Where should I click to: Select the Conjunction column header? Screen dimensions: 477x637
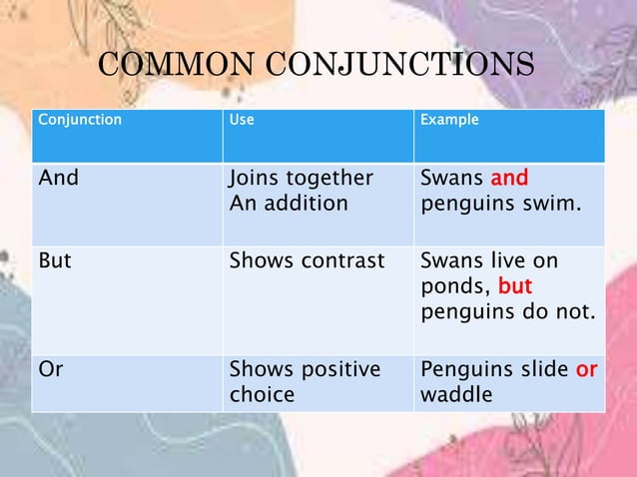click(80, 120)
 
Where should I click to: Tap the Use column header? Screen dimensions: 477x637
click(242, 120)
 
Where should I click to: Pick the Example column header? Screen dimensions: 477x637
click(449, 120)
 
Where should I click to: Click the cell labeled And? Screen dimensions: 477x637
click(58, 179)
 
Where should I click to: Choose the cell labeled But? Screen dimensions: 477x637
click(55, 261)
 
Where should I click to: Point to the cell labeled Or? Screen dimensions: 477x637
click(51, 369)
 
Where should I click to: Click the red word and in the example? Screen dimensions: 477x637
click(509, 179)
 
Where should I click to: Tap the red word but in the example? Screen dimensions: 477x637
click(514, 286)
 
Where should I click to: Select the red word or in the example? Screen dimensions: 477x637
click(586, 369)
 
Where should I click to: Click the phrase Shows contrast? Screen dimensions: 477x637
click(307, 261)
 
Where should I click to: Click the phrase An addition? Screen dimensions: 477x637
click(290, 204)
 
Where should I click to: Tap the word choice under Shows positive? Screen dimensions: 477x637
click(262, 394)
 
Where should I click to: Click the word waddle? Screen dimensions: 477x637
click(456, 394)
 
